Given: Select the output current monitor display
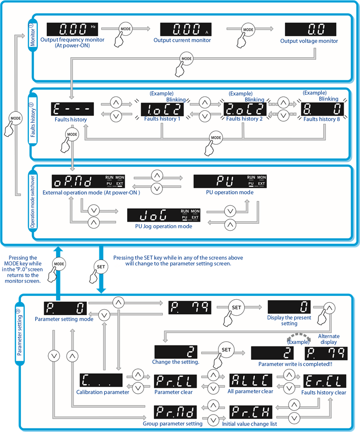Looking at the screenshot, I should pyautogui.click(x=185, y=29).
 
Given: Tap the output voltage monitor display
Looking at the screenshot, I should pyautogui.click(x=310, y=29).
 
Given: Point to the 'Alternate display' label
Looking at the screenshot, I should pyautogui.click(x=328, y=339).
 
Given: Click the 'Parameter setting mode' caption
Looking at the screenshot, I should pyautogui.click(x=64, y=319).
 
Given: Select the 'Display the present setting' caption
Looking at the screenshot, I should pyautogui.click(x=289, y=321).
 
